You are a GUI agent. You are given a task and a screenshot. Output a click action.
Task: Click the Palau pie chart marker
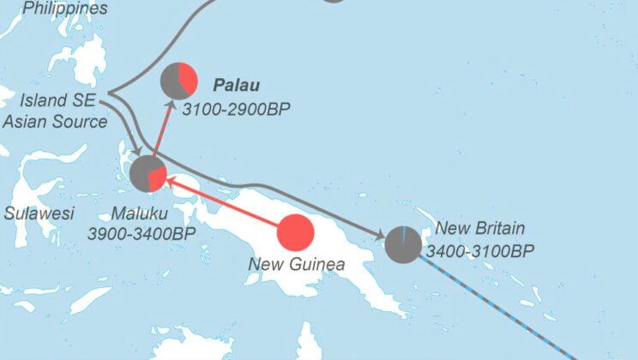(x=178, y=81)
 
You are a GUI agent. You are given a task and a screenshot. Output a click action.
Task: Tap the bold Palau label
(x=236, y=86)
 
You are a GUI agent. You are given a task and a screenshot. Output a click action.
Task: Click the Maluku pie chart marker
(x=147, y=173)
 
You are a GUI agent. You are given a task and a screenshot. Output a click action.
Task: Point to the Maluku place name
(x=141, y=213)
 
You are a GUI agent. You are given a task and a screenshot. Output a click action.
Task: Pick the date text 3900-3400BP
(x=141, y=232)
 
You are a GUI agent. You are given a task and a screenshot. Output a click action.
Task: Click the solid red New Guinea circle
(x=296, y=233)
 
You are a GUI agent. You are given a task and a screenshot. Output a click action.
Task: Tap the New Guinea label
(x=297, y=264)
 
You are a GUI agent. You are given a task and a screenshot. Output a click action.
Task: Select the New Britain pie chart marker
(x=403, y=244)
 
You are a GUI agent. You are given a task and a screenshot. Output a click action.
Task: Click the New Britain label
(x=480, y=229)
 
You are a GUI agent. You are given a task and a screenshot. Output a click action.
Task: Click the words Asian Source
(x=55, y=121)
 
